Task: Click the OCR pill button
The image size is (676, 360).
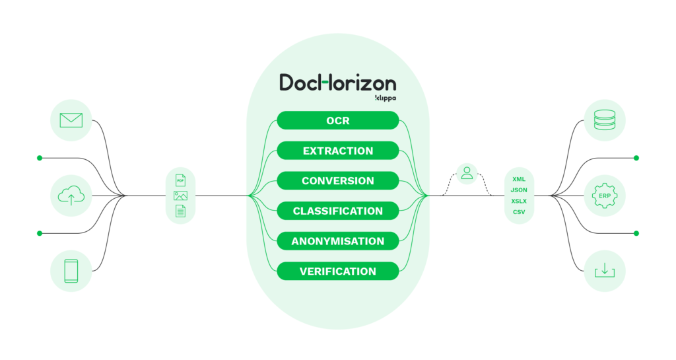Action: [337, 120]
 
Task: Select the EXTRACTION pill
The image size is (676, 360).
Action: [337, 151]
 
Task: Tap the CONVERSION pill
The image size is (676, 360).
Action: [337, 180]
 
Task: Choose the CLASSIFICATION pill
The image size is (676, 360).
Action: [337, 211]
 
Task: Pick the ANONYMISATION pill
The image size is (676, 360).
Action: [337, 241]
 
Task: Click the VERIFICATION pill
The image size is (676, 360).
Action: [337, 271]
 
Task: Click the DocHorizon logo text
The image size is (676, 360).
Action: [337, 83]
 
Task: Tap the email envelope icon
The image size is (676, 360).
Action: [71, 120]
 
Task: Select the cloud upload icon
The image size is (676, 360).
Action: [71, 196]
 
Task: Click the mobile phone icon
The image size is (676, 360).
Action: [71, 271]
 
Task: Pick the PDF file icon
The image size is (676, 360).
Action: [180, 180]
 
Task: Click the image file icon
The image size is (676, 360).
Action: [180, 196]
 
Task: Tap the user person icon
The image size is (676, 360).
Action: [467, 173]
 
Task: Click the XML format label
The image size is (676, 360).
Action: [519, 179]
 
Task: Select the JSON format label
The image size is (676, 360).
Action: [519, 190]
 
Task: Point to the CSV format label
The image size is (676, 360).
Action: [519, 212]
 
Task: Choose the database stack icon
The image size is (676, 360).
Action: [604, 120]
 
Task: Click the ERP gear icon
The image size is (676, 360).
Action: [604, 196]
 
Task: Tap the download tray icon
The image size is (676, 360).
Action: [604, 271]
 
